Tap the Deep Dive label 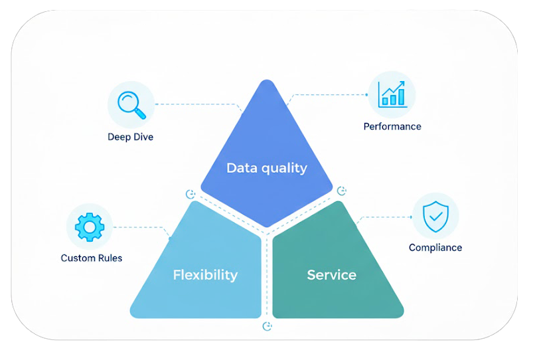click(130, 137)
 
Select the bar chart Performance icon click(392, 94)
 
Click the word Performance click(392, 126)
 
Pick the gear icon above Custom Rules click(90, 226)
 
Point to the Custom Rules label click(92, 258)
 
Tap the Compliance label click(435, 248)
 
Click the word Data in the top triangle click(241, 167)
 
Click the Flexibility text click(205, 274)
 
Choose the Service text click(331, 274)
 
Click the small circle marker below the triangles click(267, 326)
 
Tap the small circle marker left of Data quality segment click(191, 194)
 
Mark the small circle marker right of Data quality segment click(341, 191)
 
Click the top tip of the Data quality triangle click(267, 82)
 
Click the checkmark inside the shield click(435, 217)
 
